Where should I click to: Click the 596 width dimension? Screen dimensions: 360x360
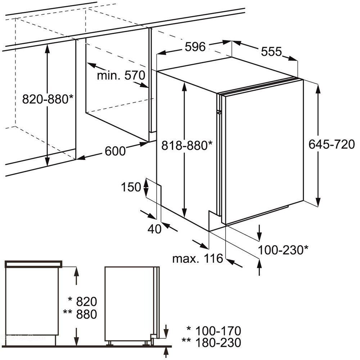(x=195, y=47)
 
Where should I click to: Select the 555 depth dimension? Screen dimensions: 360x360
(x=271, y=51)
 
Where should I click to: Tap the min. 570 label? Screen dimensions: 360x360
(x=121, y=75)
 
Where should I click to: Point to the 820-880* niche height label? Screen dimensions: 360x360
(x=48, y=99)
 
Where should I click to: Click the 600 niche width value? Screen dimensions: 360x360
(x=115, y=151)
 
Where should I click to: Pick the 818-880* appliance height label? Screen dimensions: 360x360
(x=187, y=145)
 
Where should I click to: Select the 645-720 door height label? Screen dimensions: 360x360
(x=332, y=144)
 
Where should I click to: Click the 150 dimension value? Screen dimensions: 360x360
(x=131, y=187)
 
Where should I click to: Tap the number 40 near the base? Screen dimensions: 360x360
(x=154, y=229)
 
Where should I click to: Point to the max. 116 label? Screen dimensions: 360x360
(x=198, y=258)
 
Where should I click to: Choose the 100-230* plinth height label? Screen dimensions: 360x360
(x=283, y=250)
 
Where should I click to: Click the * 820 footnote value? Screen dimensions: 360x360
(x=83, y=301)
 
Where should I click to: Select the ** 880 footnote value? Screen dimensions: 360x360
(x=80, y=314)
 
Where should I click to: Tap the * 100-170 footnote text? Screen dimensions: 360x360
(x=214, y=331)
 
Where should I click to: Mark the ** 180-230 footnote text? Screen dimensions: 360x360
(x=211, y=343)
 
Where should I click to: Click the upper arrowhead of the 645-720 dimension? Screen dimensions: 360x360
(x=318, y=89)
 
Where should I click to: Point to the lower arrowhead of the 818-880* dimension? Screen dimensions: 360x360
(x=184, y=212)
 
